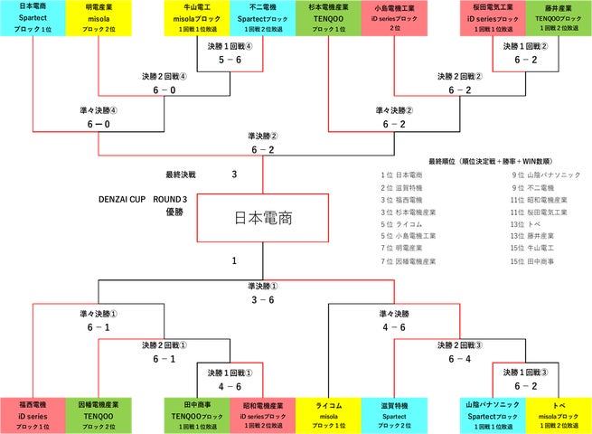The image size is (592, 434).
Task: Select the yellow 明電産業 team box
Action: pos(98,17)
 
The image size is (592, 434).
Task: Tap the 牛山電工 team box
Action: pos(197,17)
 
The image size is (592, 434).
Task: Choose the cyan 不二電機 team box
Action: pos(263,17)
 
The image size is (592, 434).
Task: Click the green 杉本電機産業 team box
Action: pos(327,17)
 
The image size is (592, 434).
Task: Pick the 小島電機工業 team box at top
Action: pos(393,17)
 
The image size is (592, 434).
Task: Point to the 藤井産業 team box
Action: pos(559,17)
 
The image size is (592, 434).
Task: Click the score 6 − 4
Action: pos(459,358)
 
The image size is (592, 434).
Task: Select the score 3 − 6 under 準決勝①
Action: pos(263,298)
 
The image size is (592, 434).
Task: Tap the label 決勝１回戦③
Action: pos(526,372)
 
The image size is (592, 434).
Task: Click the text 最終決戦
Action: pos(181,175)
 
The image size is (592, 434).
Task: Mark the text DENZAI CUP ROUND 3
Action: pos(142,199)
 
